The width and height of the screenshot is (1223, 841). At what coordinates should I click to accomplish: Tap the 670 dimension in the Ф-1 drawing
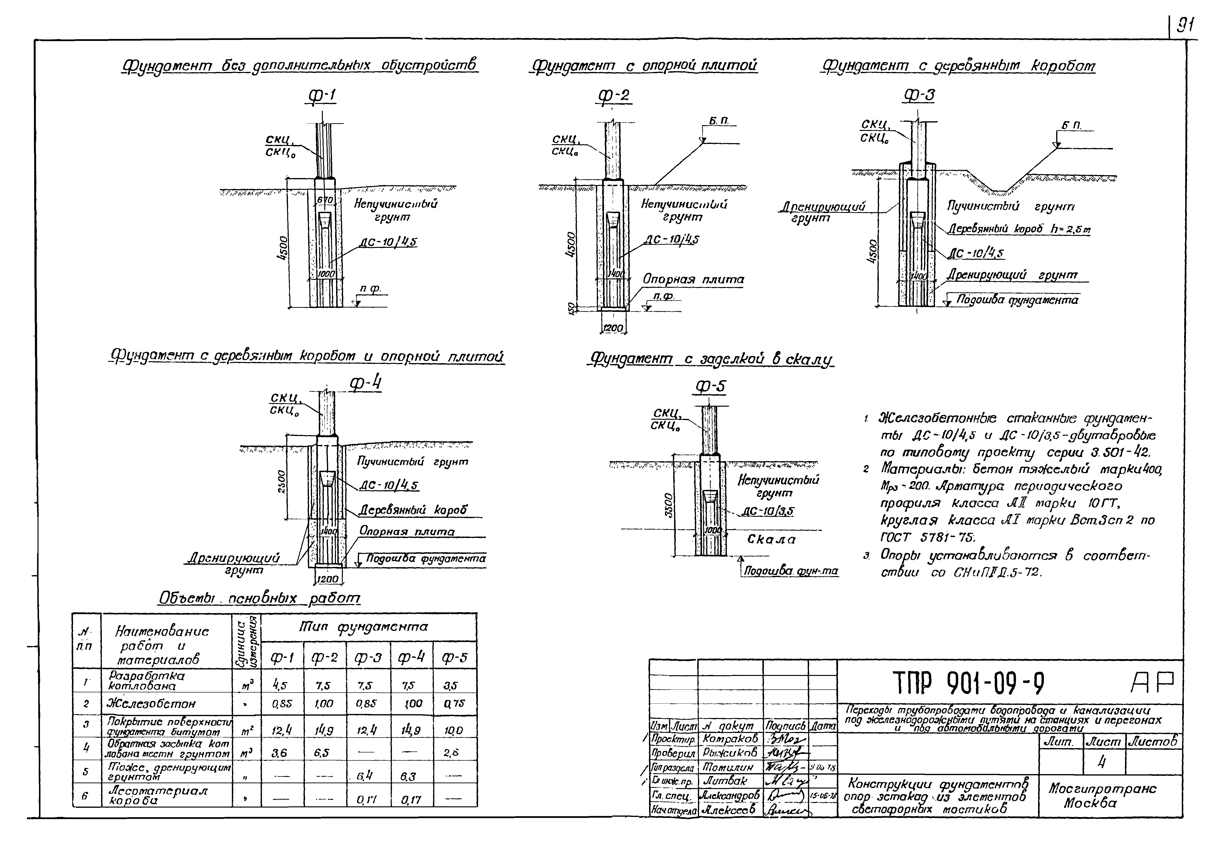click(325, 200)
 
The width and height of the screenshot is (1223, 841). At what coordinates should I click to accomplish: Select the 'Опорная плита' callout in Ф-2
click(693, 279)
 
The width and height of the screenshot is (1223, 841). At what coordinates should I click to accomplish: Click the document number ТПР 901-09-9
click(968, 684)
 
